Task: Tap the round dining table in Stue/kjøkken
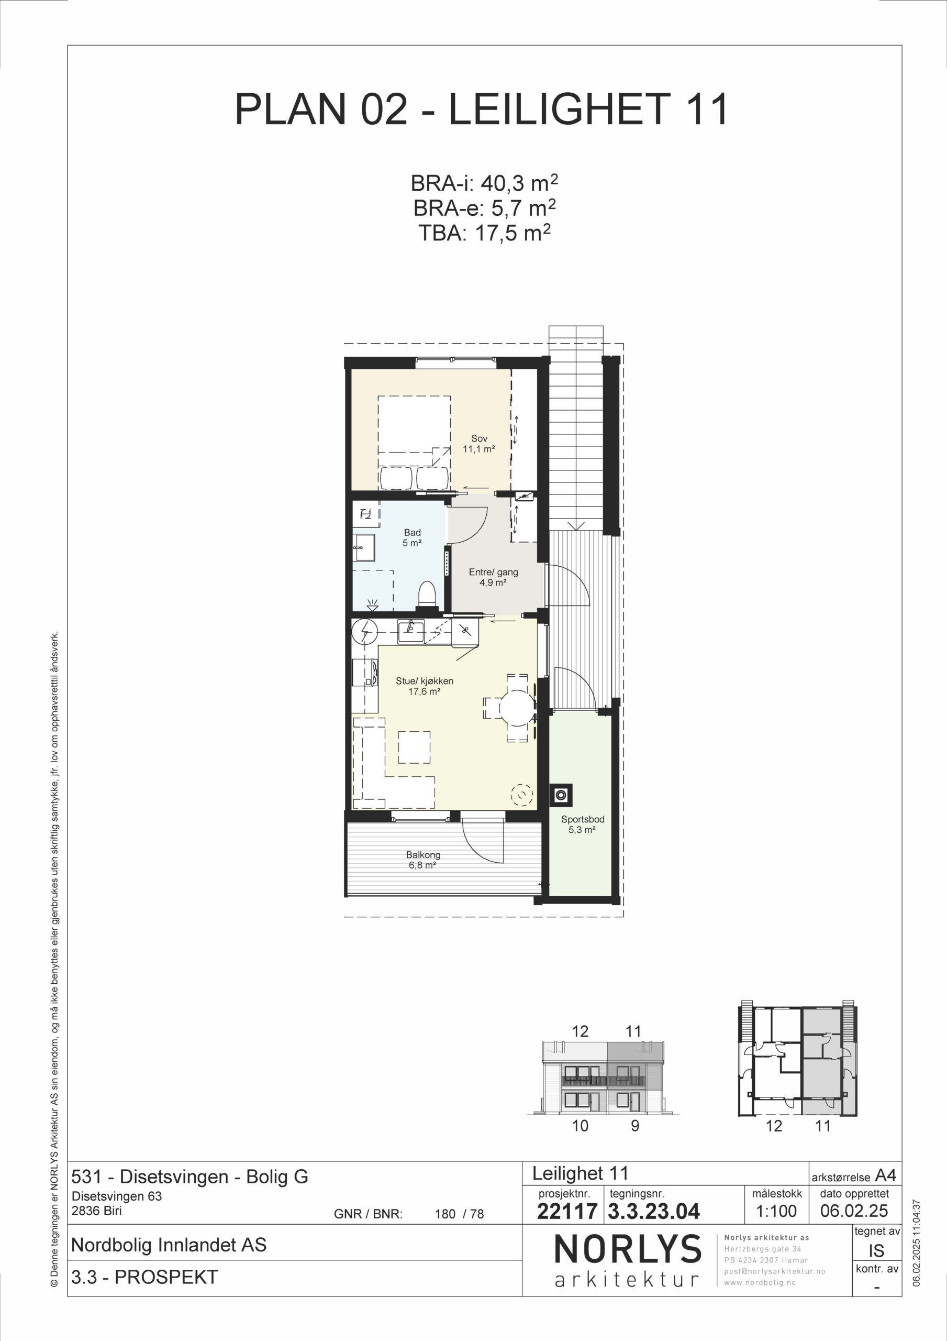[x=517, y=708]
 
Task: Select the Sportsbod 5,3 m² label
[x=582, y=824]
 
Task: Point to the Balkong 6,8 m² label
[x=424, y=860]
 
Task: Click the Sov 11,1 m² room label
[x=479, y=443]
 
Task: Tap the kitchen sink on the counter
[x=411, y=630]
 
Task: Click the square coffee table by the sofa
[x=415, y=747]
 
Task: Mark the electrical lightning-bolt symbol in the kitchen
[x=365, y=631]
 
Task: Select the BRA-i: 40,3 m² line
[x=484, y=183]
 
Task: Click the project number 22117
[x=566, y=1211]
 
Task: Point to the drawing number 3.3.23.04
[x=654, y=1211]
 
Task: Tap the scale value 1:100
[x=776, y=1211]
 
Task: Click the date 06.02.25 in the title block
[x=854, y=1211]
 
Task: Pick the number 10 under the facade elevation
[x=580, y=1126]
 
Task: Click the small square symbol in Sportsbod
[x=561, y=794]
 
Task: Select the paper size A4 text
[x=885, y=1175]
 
